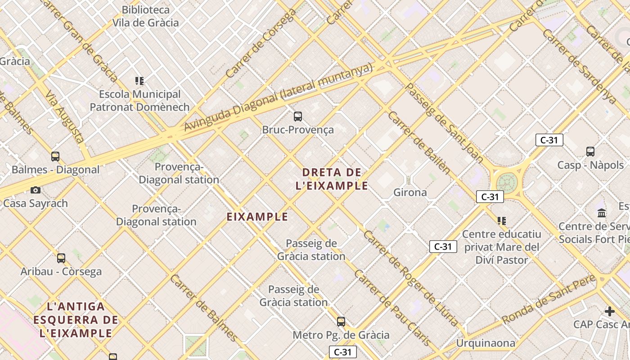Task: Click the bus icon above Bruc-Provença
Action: [297, 117]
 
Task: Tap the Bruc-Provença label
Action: [298, 130]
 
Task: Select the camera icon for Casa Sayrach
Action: [35, 190]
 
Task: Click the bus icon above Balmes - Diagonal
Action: [55, 157]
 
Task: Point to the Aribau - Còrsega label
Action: [61, 271]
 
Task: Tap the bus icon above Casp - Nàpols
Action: [590, 152]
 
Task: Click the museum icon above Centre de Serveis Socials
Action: [602, 213]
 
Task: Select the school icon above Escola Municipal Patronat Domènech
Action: [139, 81]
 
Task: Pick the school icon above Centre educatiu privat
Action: [502, 221]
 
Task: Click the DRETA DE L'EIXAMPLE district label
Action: [332, 179]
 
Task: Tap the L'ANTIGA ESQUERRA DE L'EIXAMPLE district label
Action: [76, 320]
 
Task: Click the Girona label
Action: [410, 193]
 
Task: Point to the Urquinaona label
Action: [486, 343]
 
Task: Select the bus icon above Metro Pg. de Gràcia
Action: [341, 322]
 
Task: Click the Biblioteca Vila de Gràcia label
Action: [145, 16]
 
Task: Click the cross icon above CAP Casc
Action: [609, 311]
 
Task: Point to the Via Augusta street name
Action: [65, 116]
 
